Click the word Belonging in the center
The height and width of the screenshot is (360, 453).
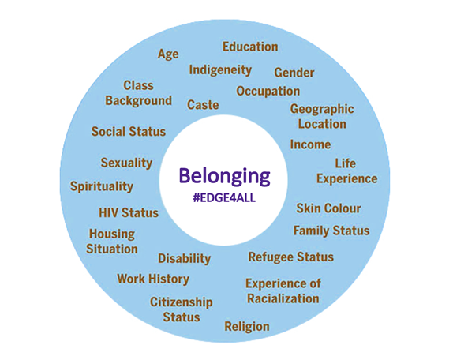click(224, 176)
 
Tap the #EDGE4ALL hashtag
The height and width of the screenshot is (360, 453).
click(224, 198)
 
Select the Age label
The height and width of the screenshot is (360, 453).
click(168, 54)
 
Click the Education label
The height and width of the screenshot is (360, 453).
click(250, 47)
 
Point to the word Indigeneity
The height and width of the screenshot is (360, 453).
click(220, 70)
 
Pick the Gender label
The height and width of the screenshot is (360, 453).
click(294, 72)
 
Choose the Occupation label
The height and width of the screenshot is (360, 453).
click(268, 92)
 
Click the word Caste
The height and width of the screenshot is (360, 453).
click(203, 104)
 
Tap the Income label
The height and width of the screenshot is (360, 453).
click(310, 144)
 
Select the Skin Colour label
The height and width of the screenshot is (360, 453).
click(328, 208)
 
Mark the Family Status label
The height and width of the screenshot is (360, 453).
click(331, 231)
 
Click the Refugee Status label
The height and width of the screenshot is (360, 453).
click(291, 257)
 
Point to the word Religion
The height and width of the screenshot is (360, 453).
click(247, 327)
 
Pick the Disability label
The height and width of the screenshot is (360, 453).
click(185, 259)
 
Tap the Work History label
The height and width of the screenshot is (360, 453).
click(153, 279)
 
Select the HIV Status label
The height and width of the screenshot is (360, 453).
click(129, 212)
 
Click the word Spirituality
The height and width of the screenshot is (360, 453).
click(102, 186)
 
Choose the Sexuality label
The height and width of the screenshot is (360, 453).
click(126, 163)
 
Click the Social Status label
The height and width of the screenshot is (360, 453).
click(129, 132)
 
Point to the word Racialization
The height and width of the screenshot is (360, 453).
click(283, 298)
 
